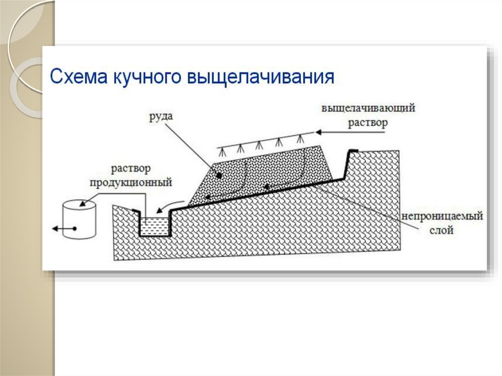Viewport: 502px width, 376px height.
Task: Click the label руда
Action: [163, 117]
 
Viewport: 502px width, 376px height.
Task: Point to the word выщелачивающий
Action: [368, 108]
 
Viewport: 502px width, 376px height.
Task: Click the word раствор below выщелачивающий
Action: [368, 123]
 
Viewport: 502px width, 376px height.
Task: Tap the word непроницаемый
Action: [441, 216]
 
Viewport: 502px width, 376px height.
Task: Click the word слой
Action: [442, 229]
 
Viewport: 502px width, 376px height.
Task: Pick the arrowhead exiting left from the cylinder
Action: [53, 228]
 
